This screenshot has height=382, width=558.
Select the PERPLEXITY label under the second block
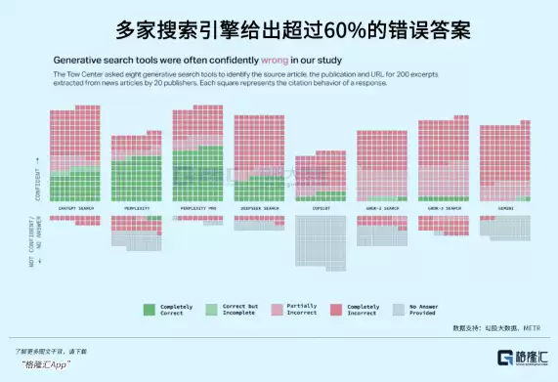136,208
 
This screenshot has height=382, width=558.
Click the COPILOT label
320,208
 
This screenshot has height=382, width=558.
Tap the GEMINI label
504,208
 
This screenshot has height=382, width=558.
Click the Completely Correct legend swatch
150,308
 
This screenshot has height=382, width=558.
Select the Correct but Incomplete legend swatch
212,308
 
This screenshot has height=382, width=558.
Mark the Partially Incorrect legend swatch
275,308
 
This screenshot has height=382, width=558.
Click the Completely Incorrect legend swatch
337,308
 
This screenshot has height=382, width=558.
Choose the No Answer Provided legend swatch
399,308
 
